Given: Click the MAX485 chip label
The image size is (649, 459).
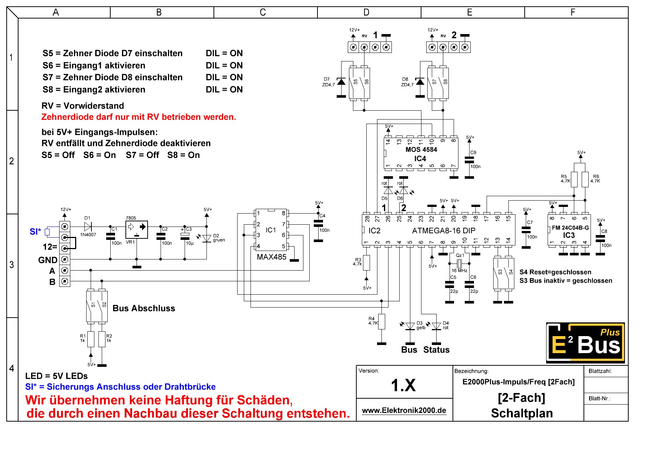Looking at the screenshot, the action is click(x=272, y=257).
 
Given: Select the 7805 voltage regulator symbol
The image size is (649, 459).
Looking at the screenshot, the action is click(x=137, y=229).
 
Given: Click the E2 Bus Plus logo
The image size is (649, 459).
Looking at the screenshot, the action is click(x=585, y=343).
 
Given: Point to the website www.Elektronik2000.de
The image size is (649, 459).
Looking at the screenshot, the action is click(x=404, y=410).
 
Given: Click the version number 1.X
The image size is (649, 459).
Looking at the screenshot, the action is click(x=403, y=385).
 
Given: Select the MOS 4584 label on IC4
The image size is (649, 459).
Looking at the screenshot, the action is click(x=421, y=150).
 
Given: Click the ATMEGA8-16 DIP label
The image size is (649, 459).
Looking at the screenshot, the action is click(x=444, y=231).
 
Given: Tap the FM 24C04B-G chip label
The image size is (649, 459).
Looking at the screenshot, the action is click(x=570, y=228).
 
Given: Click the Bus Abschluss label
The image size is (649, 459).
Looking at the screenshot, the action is click(x=144, y=308).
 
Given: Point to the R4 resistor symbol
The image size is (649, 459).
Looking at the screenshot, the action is click(x=381, y=322).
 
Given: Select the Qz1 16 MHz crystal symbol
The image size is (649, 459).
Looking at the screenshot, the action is click(x=460, y=264).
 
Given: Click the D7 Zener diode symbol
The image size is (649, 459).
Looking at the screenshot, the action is click(x=341, y=81).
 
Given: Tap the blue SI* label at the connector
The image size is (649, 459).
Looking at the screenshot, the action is click(x=35, y=232).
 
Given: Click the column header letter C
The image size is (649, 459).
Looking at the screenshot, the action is click(x=263, y=12).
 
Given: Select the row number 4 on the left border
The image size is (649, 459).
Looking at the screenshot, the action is click(x=12, y=368).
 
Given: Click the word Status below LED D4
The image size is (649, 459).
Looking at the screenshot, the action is click(x=436, y=350).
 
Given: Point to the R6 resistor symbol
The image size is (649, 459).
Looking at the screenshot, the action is click(x=585, y=180).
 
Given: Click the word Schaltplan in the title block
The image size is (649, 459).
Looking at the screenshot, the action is click(x=522, y=413).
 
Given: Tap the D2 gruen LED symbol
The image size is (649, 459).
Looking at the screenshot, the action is click(x=207, y=238).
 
